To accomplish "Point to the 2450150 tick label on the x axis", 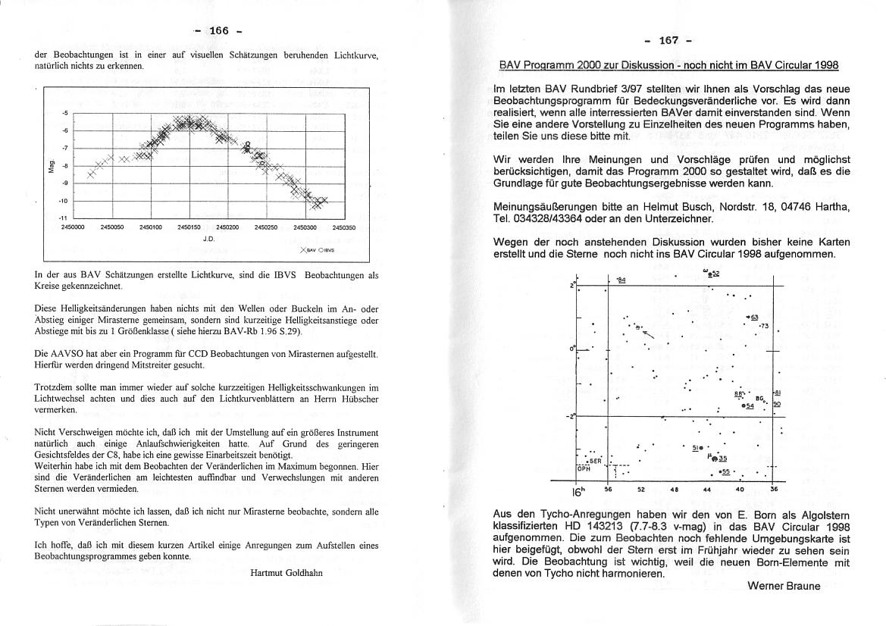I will (x=188, y=226).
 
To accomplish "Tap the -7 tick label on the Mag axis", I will (x=65, y=148).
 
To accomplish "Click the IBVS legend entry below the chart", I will (x=326, y=249).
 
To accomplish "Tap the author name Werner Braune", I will (x=784, y=586).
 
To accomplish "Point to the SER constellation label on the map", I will (x=595, y=460).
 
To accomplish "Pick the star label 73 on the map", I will (x=764, y=326).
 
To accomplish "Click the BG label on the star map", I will (x=759, y=398).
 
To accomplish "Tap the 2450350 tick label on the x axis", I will (x=343, y=226).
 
